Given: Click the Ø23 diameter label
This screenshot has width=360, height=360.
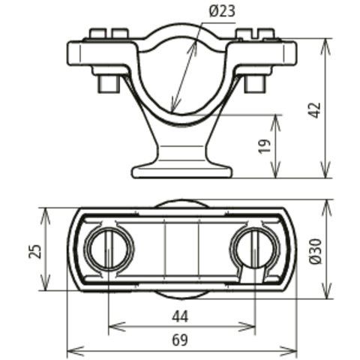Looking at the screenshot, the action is coord(222,11).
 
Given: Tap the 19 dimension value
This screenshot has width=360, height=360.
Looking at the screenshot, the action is coord(265,146).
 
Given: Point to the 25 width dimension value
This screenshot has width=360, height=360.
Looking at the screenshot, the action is coord(34,250).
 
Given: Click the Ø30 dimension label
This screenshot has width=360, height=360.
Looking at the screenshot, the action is coord(315,251).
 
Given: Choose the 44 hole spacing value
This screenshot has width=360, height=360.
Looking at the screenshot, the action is coord(180,317).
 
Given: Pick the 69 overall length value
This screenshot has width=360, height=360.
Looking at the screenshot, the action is coord(180,340).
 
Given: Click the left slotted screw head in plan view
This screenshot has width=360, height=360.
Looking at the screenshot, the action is coord(108,249).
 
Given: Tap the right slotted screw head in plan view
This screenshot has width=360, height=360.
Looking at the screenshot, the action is coord(253,249).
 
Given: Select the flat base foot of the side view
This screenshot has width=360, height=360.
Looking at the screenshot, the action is coord(182,172).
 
